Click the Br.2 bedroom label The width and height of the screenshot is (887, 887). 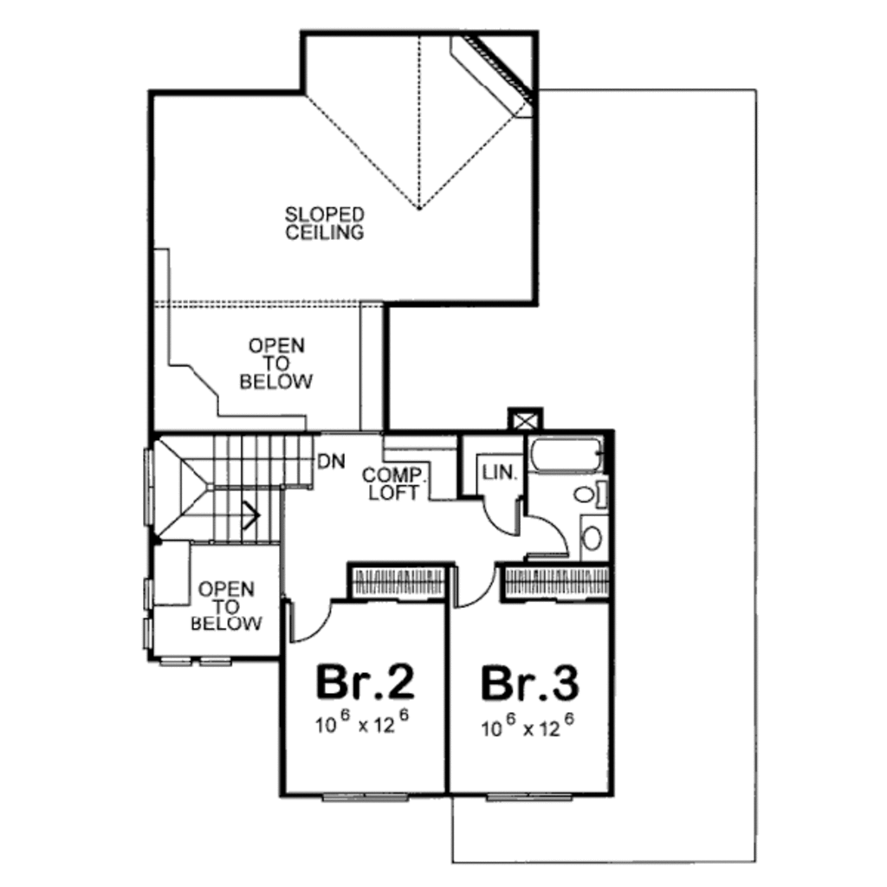tap(365, 682)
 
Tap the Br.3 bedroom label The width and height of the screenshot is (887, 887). tap(529, 682)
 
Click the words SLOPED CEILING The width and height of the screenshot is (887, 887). tap(325, 223)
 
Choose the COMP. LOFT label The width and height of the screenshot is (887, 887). tap(392, 484)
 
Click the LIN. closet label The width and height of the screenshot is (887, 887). tap(501, 473)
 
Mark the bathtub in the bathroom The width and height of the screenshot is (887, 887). tap(566, 456)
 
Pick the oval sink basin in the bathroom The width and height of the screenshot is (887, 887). tap(592, 537)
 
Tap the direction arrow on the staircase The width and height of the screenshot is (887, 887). tap(251, 517)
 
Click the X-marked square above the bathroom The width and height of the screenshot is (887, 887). tap(524, 418)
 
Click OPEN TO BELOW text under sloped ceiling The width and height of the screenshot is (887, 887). tap(276, 364)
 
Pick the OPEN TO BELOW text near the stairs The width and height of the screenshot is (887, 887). tap(226, 606)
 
